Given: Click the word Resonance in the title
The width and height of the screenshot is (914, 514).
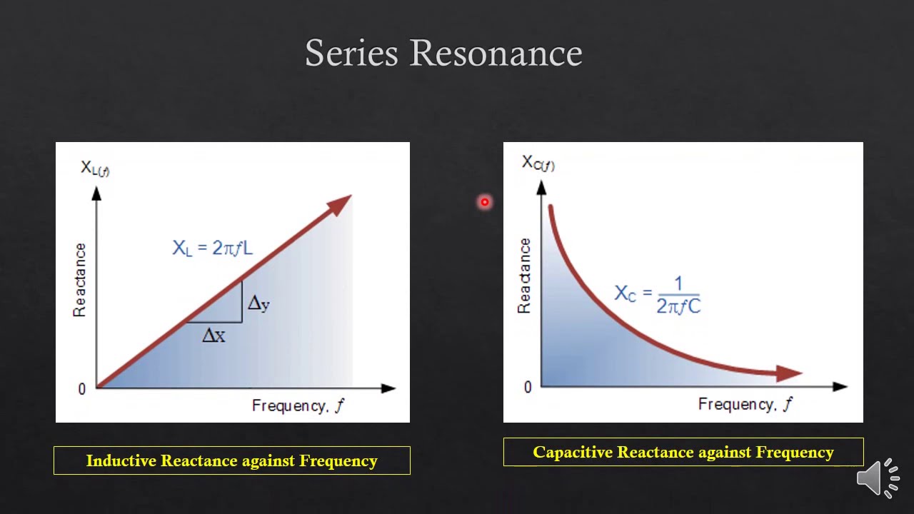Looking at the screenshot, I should coord(496,54).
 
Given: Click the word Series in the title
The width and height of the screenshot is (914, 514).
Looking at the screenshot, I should coord(351,54).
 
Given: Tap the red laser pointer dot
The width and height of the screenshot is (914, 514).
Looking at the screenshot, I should coord(485,203).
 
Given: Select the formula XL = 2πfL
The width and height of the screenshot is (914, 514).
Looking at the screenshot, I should coord(212,248).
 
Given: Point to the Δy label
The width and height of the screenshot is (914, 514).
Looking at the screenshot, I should coord(258,303).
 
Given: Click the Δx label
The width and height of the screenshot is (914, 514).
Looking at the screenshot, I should coord(214,336).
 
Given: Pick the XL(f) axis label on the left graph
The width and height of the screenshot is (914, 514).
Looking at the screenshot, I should coord(95,168).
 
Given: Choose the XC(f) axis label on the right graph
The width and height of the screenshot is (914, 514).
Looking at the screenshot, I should coord(538,163).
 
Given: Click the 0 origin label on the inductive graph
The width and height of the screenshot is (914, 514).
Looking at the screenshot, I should coord(82,389).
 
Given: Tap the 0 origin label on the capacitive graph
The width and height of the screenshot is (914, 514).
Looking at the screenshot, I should coord(528,387).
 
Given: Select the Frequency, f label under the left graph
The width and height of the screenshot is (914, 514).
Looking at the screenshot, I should coord(298,406).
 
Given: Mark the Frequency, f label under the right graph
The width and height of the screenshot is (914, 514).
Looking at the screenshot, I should coord(745,405).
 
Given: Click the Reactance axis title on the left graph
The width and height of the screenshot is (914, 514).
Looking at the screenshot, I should coord(79,280).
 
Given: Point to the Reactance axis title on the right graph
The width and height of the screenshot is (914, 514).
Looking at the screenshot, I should coord(525,276).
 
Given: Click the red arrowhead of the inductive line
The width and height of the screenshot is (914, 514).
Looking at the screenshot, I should coord(340,203).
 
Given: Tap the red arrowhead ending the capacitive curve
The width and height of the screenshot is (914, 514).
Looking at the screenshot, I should coord(789,373).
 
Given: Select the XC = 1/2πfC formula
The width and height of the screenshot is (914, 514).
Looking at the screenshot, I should coord(658,295).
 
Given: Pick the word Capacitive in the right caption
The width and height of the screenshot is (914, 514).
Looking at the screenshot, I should coord(573,453).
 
